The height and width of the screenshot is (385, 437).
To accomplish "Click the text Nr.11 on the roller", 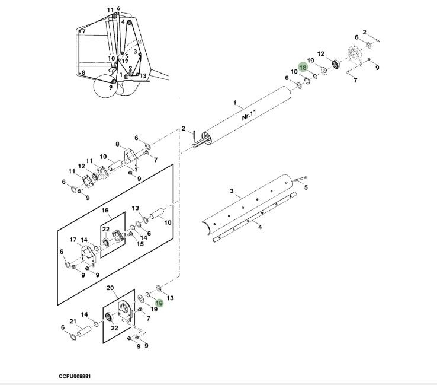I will (x=248, y=114).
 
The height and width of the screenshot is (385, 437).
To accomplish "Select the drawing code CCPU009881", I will (x=75, y=376).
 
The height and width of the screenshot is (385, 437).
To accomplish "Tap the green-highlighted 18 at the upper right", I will (x=303, y=68).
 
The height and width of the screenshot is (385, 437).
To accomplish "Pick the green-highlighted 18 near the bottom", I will (x=159, y=303).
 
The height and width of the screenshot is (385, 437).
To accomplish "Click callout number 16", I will (x=105, y=211).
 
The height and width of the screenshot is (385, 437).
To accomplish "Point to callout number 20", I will (x=110, y=288).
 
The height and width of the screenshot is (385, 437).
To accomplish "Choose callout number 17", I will (x=73, y=240).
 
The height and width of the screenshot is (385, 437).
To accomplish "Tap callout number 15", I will (x=140, y=244).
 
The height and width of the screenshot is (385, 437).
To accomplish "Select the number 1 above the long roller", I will (x=235, y=103).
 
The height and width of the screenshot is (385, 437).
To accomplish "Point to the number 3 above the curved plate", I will (x=232, y=191).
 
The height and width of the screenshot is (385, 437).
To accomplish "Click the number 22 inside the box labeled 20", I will (x=115, y=328).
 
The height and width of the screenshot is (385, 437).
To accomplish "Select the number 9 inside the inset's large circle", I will (x=110, y=87).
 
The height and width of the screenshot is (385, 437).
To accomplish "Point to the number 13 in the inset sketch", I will (x=143, y=75).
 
